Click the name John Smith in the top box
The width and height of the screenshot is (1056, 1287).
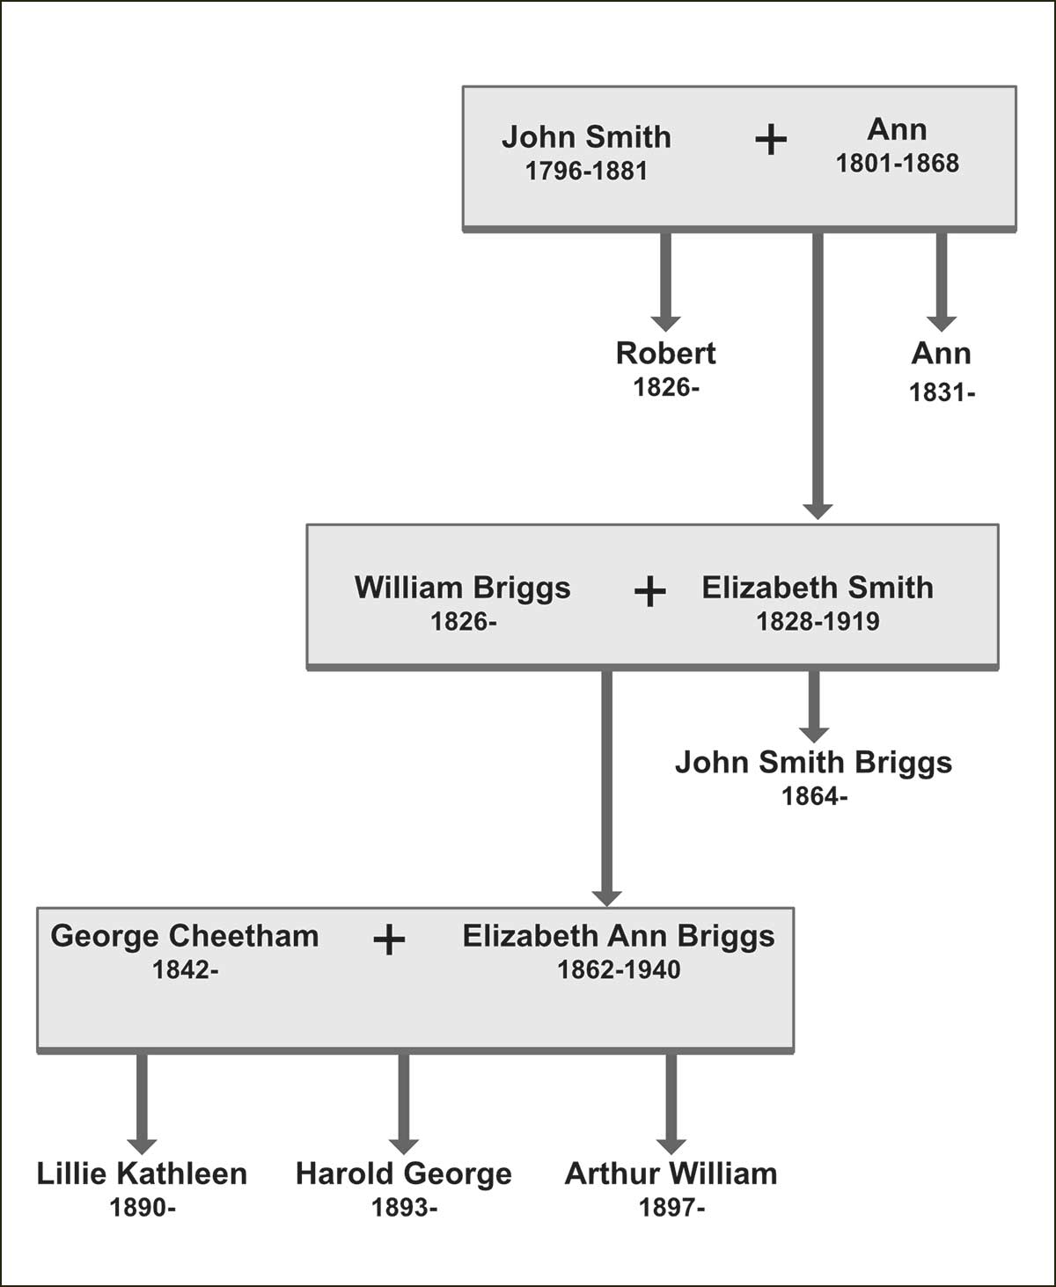pyautogui.click(x=586, y=137)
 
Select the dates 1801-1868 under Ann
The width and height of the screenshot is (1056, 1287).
pyautogui.click(x=897, y=164)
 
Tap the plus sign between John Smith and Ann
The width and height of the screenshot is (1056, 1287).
pyautogui.click(x=771, y=140)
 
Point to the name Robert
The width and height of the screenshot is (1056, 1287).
pyautogui.click(x=665, y=354)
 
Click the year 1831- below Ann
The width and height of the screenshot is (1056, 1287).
pyautogui.click(x=942, y=392)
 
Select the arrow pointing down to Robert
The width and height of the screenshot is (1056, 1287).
pyautogui.click(x=665, y=282)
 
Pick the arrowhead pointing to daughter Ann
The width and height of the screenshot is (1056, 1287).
pyautogui.click(x=942, y=322)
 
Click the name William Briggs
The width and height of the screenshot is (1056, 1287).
pyautogui.click(x=462, y=588)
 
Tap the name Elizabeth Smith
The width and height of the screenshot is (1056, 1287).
pyautogui.click(x=818, y=588)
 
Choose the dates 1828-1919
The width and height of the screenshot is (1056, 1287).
pyautogui.click(x=818, y=622)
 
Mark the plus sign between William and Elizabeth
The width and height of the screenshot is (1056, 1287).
pyautogui.click(x=649, y=592)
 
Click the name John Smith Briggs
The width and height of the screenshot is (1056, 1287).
pyautogui.click(x=813, y=762)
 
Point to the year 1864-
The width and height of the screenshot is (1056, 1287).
pyautogui.click(x=814, y=797)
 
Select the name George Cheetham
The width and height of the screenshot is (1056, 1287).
pyautogui.click(x=185, y=936)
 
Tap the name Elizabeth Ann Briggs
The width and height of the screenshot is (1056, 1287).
pyautogui.click(x=619, y=936)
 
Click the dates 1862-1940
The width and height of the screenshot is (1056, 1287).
pyautogui.click(x=619, y=970)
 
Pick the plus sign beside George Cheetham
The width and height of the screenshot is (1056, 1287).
pyautogui.click(x=388, y=940)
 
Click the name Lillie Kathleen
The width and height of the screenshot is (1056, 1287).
pyautogui.click(x=142, y=1174)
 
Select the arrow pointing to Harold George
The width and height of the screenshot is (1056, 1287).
pyautogui.click(x=403, y=1104)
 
